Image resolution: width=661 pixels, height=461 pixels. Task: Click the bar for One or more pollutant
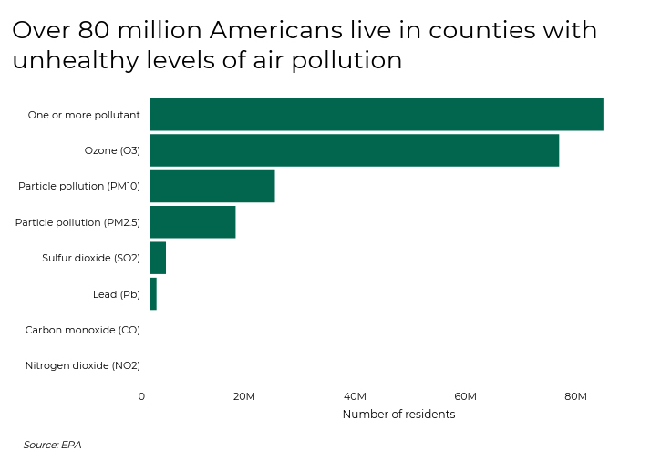(376, 115)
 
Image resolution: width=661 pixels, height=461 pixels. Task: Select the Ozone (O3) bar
(354, 150)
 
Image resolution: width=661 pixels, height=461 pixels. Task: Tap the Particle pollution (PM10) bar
(212, 186)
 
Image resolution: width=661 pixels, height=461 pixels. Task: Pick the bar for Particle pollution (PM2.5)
(192, 222)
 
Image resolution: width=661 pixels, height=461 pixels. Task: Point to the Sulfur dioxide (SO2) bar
(158, 258)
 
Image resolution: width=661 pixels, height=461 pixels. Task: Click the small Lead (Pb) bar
(153, 294)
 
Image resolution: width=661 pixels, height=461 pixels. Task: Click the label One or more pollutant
(84, 115)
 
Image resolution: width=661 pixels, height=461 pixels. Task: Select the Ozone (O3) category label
(112, 150)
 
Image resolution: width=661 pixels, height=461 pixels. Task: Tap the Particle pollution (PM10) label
(79, 186)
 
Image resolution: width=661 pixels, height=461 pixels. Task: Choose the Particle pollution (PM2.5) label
(77, 222)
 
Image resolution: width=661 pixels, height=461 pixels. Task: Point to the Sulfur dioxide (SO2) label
(91, 258)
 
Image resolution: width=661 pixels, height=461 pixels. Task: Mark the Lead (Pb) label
(117, 294)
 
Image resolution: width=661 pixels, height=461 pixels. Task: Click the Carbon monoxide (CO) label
(83, 330)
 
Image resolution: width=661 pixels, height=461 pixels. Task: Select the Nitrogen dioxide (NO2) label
(83, 365)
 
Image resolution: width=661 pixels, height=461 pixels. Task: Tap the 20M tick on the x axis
(243, 396)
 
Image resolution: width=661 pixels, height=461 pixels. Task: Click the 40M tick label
(355, 396)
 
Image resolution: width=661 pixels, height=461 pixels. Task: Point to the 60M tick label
(465, 396)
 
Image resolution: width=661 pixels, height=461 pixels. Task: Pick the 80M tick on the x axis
(575, 396)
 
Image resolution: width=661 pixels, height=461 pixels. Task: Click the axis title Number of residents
(398, 415)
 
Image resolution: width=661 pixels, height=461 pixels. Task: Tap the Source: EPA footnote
(52, 445)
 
